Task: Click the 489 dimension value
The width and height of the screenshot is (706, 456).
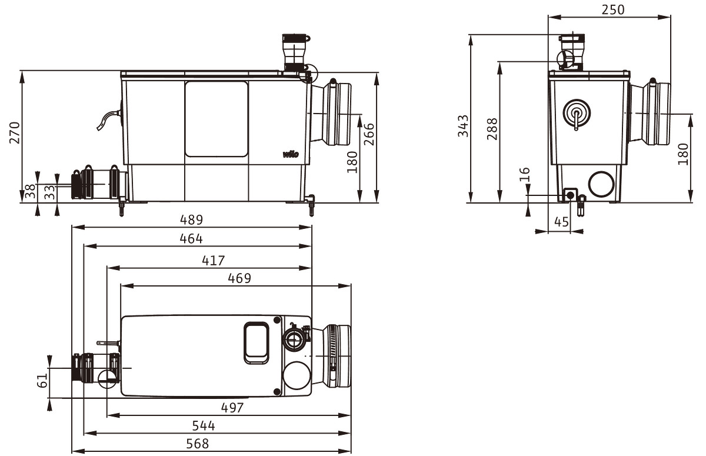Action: point(191,219)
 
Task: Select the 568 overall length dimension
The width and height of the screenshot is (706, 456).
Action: point(198,444)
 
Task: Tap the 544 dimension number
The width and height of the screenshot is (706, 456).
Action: point(204,426)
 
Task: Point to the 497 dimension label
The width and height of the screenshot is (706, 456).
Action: point(232,408)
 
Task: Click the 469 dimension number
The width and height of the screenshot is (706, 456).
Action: point(239,278)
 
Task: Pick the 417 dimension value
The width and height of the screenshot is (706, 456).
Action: point(214,261)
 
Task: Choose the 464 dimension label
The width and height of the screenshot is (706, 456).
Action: point(191,238)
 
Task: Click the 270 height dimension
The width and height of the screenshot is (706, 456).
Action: point(15,132)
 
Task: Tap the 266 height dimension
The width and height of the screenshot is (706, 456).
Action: point(369,134)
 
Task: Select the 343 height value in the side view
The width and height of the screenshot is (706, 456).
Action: point(464,126)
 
